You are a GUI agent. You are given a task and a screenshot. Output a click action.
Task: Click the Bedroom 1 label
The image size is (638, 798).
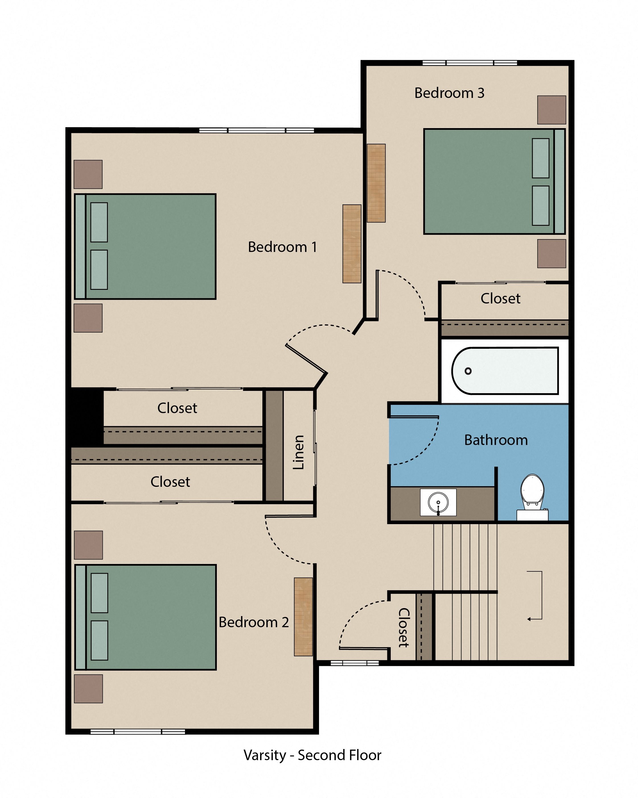[282, 247]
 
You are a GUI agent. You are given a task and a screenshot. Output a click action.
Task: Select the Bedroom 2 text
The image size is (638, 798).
[254, 622]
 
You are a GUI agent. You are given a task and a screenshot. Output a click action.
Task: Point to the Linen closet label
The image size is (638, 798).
[298, 452]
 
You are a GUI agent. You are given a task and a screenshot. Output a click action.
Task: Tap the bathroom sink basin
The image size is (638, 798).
[438, 502]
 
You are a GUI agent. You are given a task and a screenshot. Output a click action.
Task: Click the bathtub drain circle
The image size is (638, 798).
[468, 371]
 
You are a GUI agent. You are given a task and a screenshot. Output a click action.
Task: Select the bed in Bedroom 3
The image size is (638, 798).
[494, 181]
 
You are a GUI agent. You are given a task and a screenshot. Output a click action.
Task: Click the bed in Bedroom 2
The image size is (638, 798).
[145, 617]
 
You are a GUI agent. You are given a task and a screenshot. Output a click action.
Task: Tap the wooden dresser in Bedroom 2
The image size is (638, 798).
[303, 617]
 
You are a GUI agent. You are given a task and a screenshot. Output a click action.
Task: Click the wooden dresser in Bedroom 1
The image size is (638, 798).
[351, 244]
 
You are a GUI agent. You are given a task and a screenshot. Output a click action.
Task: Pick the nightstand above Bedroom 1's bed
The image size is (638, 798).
[88, 174]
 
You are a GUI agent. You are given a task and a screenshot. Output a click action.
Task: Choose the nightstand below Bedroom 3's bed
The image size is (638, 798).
[551, 254]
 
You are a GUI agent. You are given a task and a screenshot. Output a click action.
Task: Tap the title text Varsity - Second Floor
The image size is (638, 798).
[312, 755]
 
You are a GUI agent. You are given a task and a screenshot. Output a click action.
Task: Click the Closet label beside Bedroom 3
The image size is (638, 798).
[500, 299]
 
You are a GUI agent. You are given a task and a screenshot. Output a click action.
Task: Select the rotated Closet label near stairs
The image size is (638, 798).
[404, 628]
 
